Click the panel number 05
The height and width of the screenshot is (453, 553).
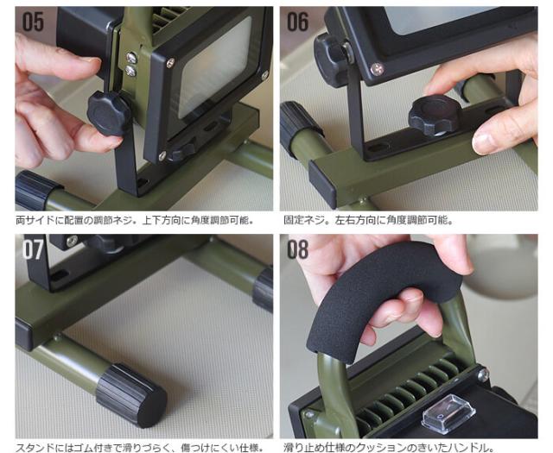[x=33, y=22]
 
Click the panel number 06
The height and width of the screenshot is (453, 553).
[x=298, y=22]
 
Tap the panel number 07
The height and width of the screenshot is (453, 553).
[x=33, y=249]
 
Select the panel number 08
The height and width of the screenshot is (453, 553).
[x=298, y=249]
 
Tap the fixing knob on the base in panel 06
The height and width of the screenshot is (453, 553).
[x=435, y=116]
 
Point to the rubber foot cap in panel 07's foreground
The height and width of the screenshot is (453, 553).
[x=131, y=396]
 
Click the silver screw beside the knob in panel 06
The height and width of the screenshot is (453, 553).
[x=377, y=69]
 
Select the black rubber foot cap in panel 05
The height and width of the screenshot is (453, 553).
[x=36, y=191]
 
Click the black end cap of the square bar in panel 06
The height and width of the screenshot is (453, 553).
[x=321, y=184]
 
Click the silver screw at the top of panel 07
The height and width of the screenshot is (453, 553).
[x=72, y=241]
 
